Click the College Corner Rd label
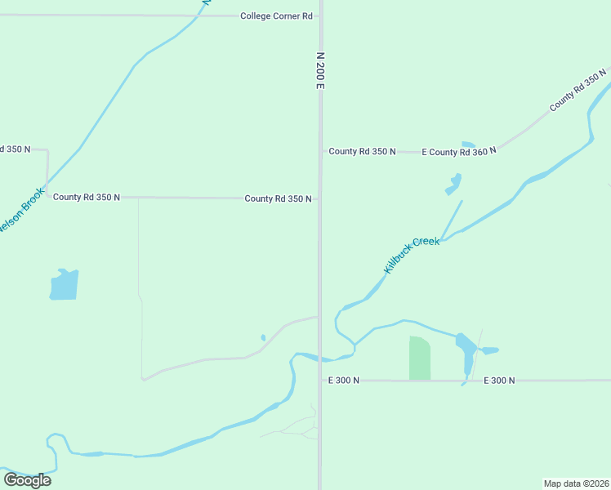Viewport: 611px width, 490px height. click(x=276, y=16)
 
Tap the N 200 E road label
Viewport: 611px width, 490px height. click(x=320, y=71)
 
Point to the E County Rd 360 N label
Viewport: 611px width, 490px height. click(x=459, y=152)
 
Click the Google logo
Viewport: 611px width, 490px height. click(x=27, y=480)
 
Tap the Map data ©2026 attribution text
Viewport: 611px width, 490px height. click(x=576, y=483)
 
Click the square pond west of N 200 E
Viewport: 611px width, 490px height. click(x=64, y=284)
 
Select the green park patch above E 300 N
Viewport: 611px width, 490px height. click(x=420, y=358)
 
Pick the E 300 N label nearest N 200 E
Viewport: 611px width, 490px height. click(x=344, y=381)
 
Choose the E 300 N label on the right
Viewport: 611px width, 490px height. click(x=499, y=381)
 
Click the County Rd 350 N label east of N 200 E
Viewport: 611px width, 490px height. click(x=363, y=152)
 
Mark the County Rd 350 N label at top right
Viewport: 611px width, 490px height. click(x=578, y=91)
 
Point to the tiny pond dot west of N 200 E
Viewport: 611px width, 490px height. click(x=263, y=337)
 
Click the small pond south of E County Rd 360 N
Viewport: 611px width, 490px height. click(x=453, y=184)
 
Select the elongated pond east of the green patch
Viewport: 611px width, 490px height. click(x=466, y=353)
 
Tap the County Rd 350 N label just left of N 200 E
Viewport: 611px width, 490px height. click(x=278, y=198)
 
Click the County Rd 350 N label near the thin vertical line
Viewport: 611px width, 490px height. click(x=87, y=198)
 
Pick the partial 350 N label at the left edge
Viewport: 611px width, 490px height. click(x=15, y=149)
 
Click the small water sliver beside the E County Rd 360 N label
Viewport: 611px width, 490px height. click(x=468, y=145)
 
